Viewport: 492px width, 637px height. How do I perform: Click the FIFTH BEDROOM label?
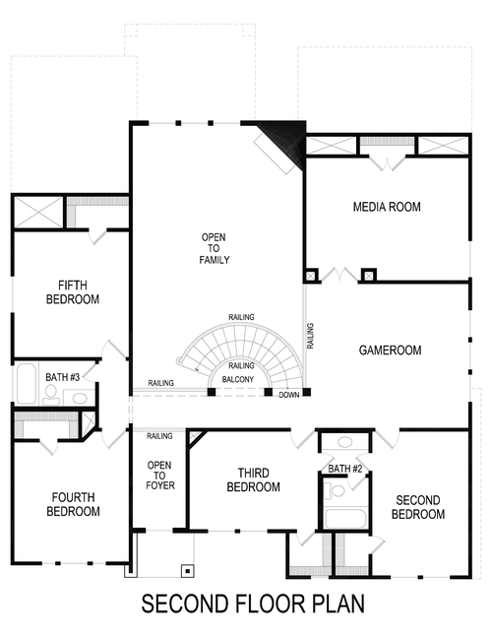(x=73, y=291)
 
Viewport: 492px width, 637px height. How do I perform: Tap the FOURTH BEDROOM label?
(x=73, y=504)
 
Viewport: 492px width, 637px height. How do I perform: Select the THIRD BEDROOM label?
(x=254, y=479)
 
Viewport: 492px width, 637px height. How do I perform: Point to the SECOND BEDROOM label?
(x=418, y=506)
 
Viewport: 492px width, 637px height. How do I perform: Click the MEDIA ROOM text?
(x=387, y=207)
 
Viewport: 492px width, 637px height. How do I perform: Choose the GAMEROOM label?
(x=390, y=350)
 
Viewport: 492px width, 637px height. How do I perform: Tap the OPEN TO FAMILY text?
(x=215, y=249)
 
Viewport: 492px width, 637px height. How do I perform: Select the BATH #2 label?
(x=345, y=469)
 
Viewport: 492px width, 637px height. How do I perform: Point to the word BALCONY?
(x=240, y=378)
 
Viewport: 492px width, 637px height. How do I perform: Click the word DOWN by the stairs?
(x=288, y=395)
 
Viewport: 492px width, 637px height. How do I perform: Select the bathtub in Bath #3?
(x=26, y=386)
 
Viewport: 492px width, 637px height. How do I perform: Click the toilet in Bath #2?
(x=338, y=490)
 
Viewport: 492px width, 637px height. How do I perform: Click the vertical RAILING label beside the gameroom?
(x=310, y=336)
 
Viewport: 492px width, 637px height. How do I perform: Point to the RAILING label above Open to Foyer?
(x=159, y=435)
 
